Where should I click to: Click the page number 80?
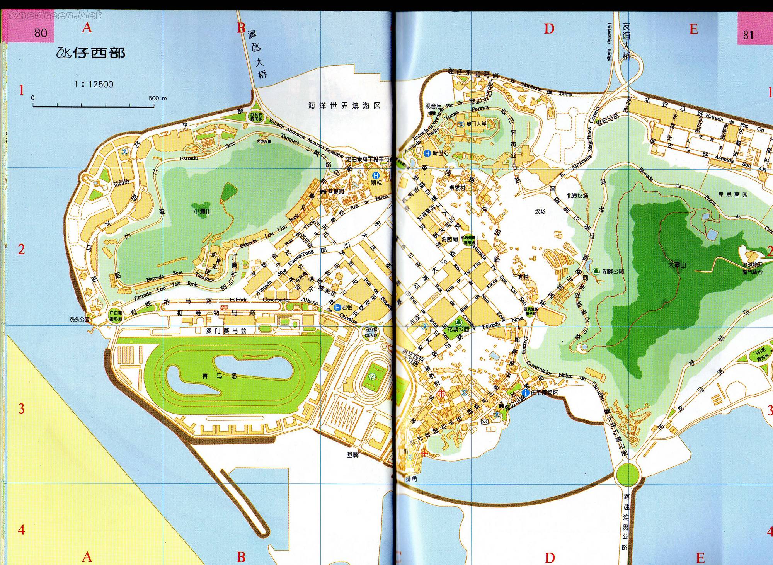coord(41,33)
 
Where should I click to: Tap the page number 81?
coord(748,35)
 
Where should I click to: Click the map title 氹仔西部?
coord(91,53)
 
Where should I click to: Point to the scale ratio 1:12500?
coord(94,84)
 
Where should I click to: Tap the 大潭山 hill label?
coord(677,265)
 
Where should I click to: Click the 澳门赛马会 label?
coord(226,330)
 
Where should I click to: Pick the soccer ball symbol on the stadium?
coord(372,376)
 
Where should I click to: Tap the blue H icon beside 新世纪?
coord(427,153)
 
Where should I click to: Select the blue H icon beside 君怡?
coord(338,308)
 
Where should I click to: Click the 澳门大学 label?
coord(476,124)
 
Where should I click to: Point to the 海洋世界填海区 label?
coord(344,106)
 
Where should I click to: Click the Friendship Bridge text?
coord(610,42)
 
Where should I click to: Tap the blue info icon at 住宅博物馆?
coord(525,393)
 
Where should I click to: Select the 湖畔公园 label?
coord(613,271)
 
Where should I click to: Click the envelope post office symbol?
coord(484,421)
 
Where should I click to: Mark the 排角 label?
coord(411,479)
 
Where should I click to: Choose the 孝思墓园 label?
coord(733,195)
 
